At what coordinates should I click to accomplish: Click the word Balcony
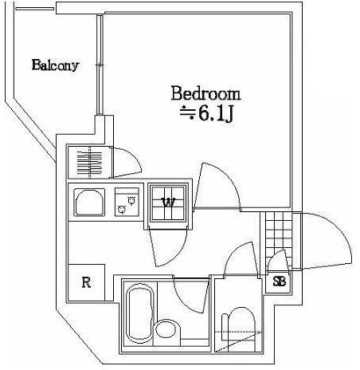coord(55,65)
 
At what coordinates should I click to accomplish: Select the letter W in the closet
coord(169,203)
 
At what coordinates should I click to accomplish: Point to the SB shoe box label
coord(279,281)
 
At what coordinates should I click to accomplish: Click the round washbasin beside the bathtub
coord(166,329)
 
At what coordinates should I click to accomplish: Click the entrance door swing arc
coord(328,239)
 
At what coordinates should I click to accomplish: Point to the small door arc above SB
coord(278,260)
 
